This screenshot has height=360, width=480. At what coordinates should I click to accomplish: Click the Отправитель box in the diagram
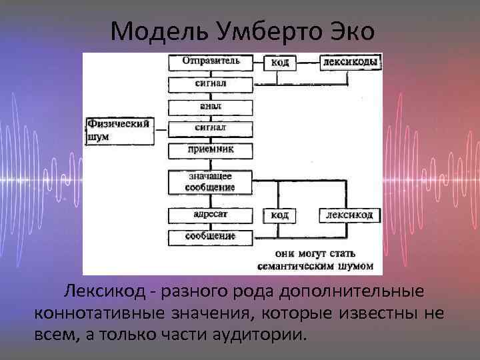[x=211, y=61]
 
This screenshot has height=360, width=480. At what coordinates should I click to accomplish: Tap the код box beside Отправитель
[x=281, y=63]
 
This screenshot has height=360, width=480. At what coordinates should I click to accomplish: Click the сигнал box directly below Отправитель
[x=211, y=84]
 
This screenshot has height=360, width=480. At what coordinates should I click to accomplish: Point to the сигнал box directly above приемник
[x=211, y=127]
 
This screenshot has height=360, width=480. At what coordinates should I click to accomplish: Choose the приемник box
[x=211, y=149]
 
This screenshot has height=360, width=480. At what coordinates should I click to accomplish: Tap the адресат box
[x=211, y=215]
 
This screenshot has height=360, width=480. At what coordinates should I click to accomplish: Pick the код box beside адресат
[x=281, y=215]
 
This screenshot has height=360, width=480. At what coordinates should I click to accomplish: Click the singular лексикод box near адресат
[x=353, y=215]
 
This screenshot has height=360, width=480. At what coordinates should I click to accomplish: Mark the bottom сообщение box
[x=211, y=236]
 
